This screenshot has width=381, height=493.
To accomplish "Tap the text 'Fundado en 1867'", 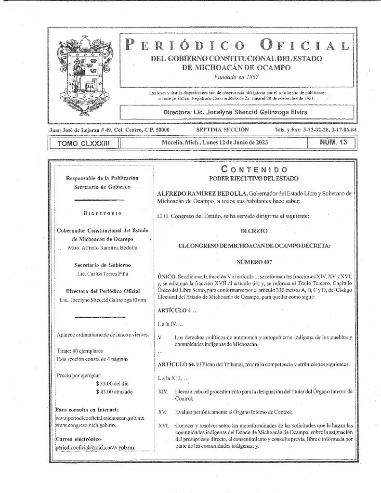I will point(232,77).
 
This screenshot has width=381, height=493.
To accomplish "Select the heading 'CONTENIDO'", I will point(254,169).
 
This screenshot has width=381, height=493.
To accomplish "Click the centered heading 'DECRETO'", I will point(254,231).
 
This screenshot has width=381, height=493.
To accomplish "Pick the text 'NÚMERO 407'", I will point(254,262).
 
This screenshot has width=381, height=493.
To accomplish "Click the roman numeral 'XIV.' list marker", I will point(163,392).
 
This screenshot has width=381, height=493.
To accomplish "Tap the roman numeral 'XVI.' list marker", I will point(163,427).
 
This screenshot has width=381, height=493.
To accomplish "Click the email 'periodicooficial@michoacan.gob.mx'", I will point(95,448).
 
